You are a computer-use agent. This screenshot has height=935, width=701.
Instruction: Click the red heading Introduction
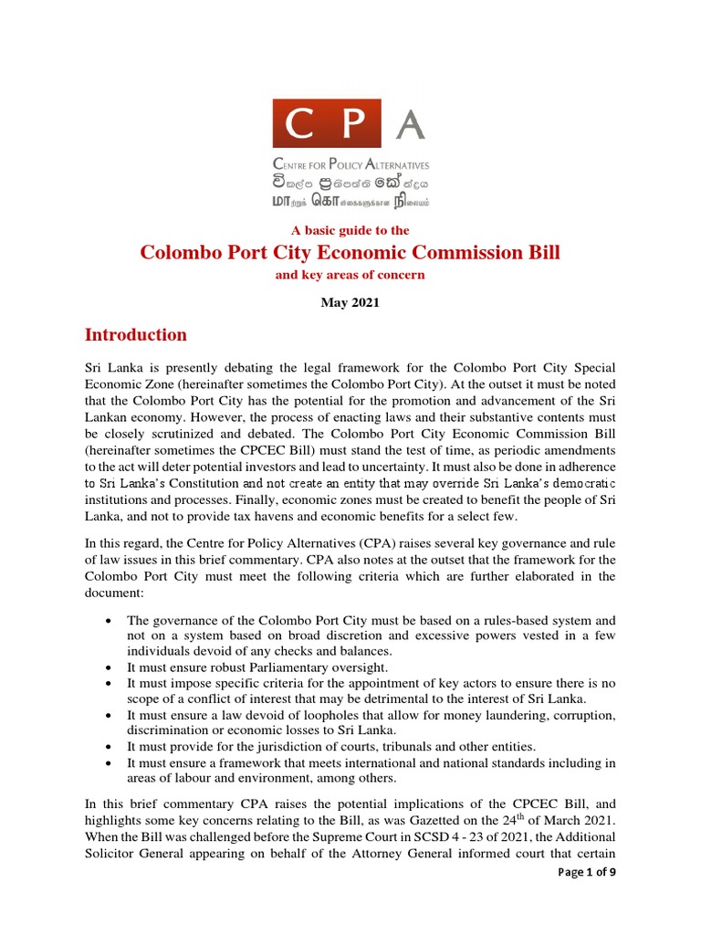(x=136, y=334)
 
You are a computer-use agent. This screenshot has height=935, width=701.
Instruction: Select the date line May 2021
(x=350, y=303)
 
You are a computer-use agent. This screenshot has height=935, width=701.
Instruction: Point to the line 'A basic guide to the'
(x=350, y=230)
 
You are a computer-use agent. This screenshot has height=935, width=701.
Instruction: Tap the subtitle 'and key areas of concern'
(x=350, y=275)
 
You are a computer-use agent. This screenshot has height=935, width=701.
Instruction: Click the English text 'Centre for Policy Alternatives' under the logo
(x=350, y=165)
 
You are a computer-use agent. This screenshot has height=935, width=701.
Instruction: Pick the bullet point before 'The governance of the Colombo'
(x=109, y=621)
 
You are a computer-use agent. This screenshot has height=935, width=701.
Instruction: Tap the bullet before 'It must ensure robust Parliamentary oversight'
(x=109, y=667)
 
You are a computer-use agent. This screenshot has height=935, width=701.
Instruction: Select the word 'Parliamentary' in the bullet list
(x=281, y=667)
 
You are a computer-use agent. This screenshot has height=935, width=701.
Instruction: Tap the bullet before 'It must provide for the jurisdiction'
(x=109, y=746)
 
